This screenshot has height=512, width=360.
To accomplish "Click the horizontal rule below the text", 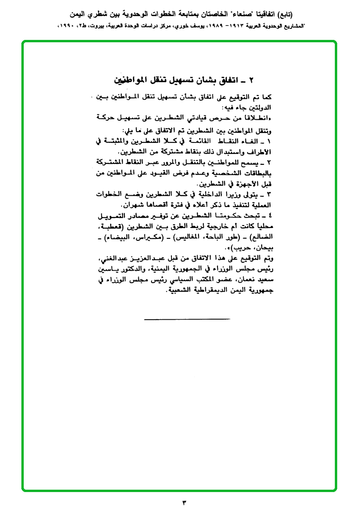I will click(180, 319).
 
